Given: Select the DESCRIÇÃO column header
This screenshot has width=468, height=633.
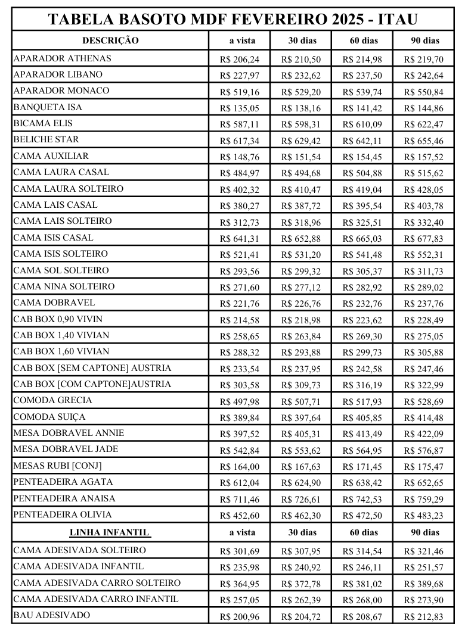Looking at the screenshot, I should point(110,40).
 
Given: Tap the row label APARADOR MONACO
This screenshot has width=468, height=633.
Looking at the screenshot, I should point(61,91).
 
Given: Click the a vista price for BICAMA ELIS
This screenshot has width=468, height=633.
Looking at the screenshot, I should point(239,124).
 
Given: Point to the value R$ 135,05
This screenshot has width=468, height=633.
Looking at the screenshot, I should point(239,108).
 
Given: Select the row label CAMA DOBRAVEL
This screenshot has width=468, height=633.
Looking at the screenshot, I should point(54,303).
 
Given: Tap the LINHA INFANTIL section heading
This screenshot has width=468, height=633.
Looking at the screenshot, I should point(110,532).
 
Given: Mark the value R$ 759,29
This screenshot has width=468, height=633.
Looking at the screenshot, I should point(423,500).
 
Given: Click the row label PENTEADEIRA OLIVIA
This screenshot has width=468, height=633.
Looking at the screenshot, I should point(63,514).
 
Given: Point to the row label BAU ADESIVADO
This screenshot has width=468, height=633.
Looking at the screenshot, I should point(52,615).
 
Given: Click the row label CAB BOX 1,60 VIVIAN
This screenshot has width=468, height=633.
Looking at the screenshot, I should point(61,351).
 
